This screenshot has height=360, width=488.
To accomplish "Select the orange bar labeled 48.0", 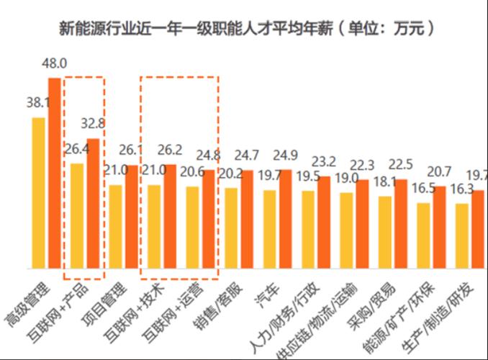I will point(54,173).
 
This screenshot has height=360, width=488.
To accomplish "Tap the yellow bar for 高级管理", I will point(38,193).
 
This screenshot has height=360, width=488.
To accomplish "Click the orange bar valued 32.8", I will point(93,203).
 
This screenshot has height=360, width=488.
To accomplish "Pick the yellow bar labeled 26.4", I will point(77,215).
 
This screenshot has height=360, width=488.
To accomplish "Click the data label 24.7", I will point(247,155).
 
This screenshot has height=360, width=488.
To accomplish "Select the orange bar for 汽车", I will point(285,219).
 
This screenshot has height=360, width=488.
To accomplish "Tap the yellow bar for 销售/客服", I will point(231,228).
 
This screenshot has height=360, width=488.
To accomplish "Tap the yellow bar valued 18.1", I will point(385,232).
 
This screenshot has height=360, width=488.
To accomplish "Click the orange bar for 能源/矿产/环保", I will point(439,227).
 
